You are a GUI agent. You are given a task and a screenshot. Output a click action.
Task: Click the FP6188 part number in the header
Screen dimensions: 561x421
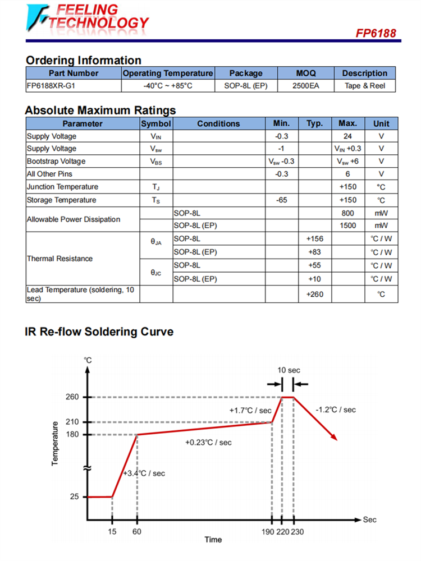click(x=376, y=33)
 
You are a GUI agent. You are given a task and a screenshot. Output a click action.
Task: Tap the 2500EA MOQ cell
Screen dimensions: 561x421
click(x=306, y=86)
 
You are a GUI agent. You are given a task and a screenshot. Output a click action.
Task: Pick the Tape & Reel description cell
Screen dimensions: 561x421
click(x=365, y=86)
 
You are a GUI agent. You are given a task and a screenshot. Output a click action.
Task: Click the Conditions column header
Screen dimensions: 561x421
click(x=218, y=123)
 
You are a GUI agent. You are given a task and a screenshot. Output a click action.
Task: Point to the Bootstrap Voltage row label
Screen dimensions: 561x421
click(x=56, y=162)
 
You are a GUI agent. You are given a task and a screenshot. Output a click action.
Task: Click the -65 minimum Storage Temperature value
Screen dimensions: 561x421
click(x=282, y=200)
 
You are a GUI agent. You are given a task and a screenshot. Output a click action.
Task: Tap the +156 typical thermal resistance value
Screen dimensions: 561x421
click(x=314, y=239)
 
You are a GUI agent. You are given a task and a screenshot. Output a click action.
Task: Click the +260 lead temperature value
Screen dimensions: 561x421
click(x=314, y=294)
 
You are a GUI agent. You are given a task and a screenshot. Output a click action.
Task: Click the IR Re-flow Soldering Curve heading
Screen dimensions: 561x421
click(x=99, y=332)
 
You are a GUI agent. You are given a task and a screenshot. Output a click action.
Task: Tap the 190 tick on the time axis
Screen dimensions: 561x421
click(x=268, y=531)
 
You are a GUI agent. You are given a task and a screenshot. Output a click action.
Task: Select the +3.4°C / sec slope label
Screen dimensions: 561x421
click(x=144, y=473)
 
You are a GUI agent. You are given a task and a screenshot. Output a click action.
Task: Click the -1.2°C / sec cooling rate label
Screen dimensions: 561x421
click(x=335, y=410)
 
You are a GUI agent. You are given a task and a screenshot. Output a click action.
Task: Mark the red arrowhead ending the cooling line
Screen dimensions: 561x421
click(x=334, y=438)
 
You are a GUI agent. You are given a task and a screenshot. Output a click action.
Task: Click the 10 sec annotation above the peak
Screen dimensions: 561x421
click(x=289, y=370)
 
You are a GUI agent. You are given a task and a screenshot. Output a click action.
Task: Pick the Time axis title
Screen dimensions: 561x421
click(x=213, y=540)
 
